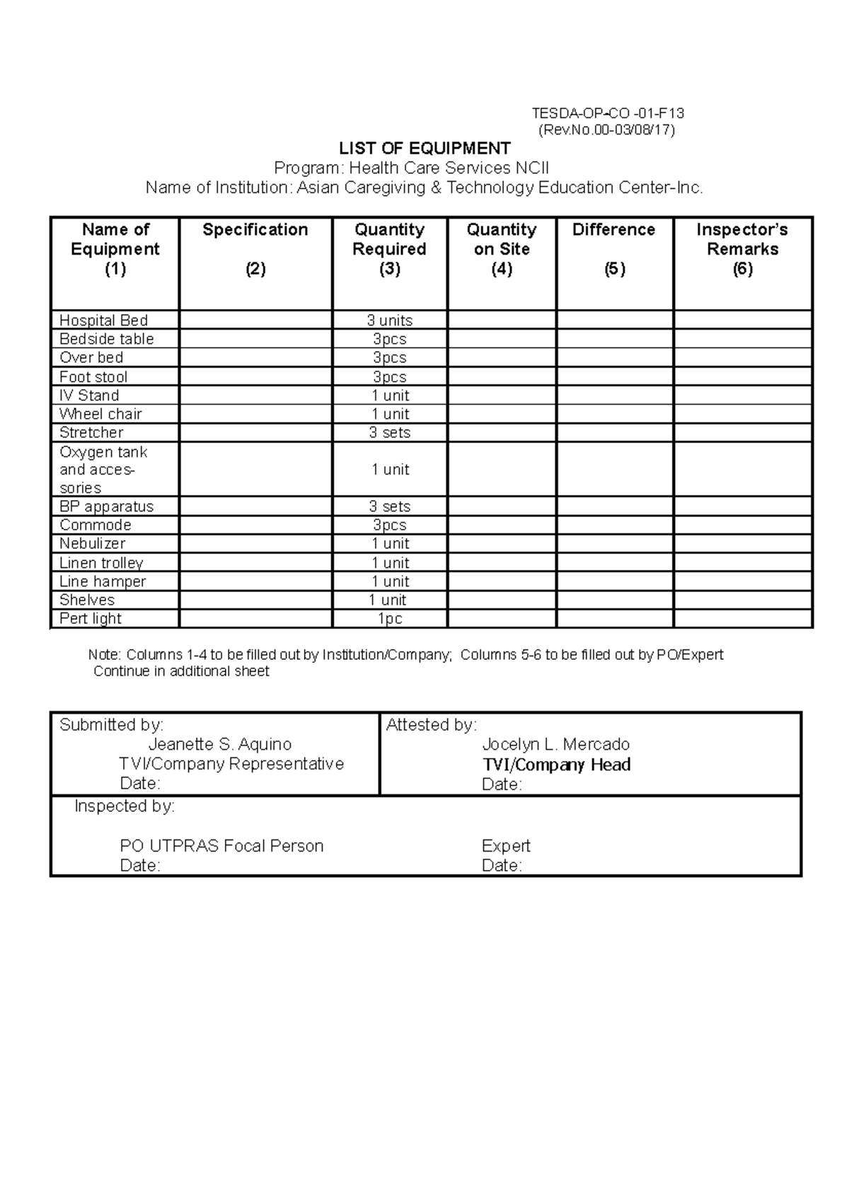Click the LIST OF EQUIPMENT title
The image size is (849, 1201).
[424, 149]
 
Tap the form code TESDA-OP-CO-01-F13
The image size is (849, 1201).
[608, 113]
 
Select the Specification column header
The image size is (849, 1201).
[255, 230]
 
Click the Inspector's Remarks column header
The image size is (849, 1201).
[741, 239]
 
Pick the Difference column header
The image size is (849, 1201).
[613, 230]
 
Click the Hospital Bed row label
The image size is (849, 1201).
[103, 320]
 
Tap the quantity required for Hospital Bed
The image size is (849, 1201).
[389, 320]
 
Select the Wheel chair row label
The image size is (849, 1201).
[100, 414]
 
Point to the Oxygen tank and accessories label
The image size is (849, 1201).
[103, 470]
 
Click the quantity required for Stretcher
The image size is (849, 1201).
[389, 432]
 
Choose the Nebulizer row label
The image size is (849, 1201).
[92, 543]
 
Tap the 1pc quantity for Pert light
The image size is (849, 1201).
[389, 618]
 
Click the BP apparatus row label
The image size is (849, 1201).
[106, 506]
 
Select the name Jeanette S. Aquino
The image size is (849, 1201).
[219, 744]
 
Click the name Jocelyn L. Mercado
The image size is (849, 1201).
[555, 744]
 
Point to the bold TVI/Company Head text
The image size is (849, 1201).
[556, 765]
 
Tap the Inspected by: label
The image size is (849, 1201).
[125, 806]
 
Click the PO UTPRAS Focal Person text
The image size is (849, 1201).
[221, 846]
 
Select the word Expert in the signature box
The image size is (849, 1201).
[505, 846]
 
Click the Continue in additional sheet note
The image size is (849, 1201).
[181, 671]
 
